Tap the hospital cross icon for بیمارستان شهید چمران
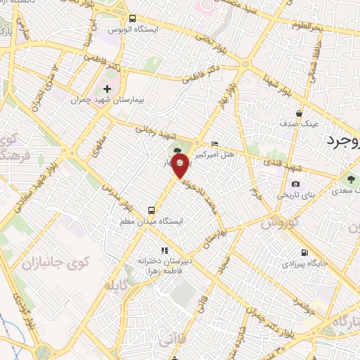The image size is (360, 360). [107, 89]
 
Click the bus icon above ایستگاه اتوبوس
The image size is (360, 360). [133, 19]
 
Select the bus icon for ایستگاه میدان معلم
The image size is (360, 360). [151, 210]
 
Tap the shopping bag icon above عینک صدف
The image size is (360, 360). [300, 112]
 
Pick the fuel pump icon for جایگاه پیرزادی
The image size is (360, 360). [304, 253]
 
